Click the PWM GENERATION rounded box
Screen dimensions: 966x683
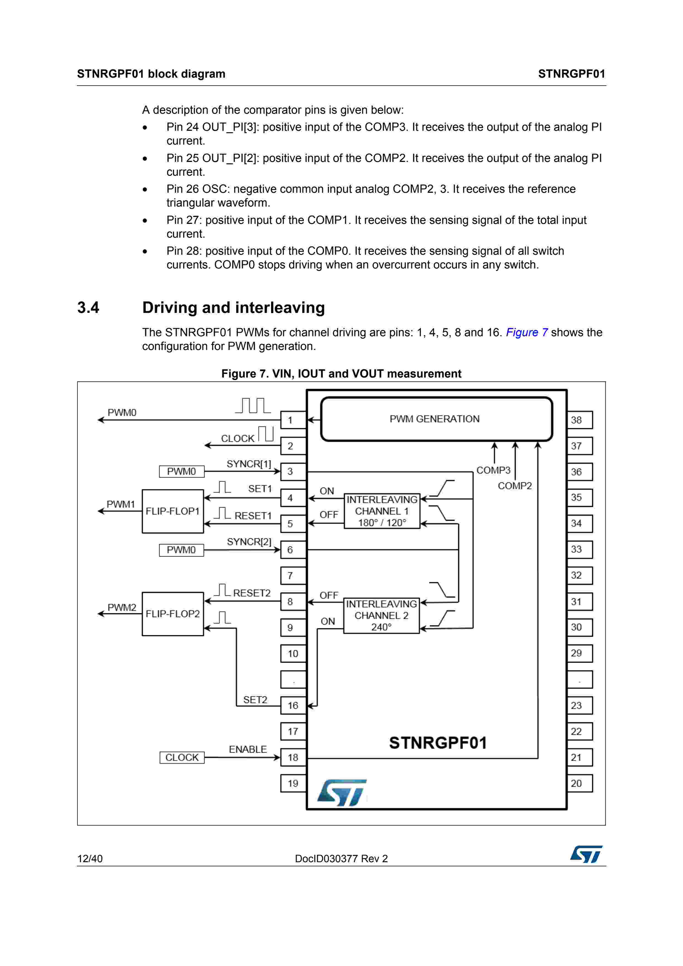tap(436, 419)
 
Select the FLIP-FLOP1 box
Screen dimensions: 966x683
tap(172, 511)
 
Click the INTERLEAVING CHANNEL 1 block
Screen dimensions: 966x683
tap(382, 511)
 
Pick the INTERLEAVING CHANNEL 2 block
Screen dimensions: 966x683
tap(381, 615)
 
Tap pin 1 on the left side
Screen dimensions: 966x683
tap(293, 420)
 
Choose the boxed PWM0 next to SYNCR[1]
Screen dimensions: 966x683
tap(181, 471)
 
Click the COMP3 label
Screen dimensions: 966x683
tap(493, 470)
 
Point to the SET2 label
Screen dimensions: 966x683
tap(255, 700)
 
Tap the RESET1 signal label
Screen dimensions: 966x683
tap(253, 515)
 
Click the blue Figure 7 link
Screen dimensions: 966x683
tap(527, 332)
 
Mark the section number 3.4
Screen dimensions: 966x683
tap(88, 308)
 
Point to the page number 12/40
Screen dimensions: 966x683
tap(90, 859)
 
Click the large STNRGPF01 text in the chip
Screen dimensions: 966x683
tap(438, 743)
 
